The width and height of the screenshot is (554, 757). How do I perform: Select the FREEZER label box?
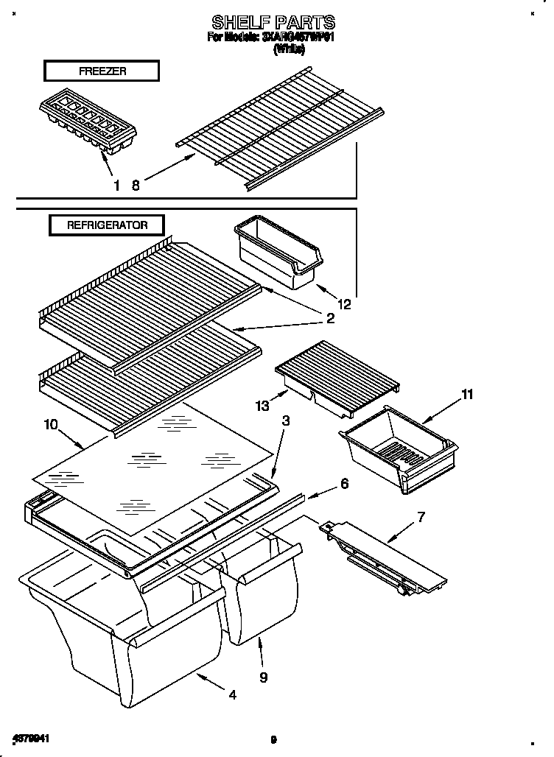point(102,71)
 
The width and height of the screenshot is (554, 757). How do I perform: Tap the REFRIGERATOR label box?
point(107,225)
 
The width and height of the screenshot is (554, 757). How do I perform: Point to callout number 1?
point(116,186)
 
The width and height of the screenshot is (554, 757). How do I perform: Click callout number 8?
point(135,186)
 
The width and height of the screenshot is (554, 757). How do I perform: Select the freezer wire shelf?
point(280,129)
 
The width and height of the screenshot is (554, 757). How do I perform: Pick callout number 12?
point(343,302)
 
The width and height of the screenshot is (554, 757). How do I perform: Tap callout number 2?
point(330,318)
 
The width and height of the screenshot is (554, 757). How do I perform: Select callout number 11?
point(466,395)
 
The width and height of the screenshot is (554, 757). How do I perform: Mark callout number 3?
point(285,421)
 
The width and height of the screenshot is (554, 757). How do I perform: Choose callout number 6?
point(343,484)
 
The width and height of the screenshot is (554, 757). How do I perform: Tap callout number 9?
point(264,676)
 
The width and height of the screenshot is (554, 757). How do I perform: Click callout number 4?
point(233,694)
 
